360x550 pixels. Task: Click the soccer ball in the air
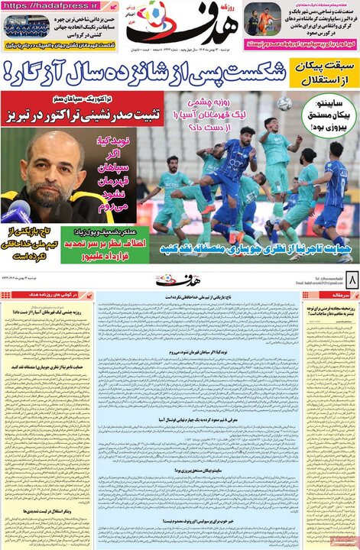tap(284, 103)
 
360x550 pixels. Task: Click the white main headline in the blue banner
tap(145, 76)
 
